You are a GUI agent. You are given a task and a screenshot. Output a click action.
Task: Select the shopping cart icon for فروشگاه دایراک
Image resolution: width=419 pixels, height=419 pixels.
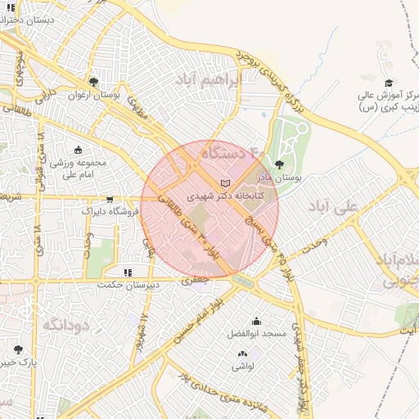[110, 199]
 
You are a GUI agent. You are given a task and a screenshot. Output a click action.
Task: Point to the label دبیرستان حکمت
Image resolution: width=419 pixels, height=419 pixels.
[119, 285]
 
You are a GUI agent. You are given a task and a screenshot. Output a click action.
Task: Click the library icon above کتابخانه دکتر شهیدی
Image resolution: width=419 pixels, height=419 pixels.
[227, 182]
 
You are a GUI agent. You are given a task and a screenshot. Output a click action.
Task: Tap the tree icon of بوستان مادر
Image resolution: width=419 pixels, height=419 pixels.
[280, 164]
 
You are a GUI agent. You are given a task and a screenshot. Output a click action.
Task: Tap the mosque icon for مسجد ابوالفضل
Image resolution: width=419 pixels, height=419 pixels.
[256, 322]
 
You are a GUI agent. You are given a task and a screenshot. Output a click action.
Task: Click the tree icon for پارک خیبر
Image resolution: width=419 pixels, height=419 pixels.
[18, 349]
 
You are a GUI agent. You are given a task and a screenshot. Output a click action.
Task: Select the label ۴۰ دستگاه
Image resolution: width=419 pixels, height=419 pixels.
[234, 152]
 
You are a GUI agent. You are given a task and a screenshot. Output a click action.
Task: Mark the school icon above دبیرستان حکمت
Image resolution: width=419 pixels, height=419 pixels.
[127, 273]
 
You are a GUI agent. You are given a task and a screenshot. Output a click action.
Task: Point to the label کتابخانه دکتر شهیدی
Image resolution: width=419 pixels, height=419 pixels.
[216, 196]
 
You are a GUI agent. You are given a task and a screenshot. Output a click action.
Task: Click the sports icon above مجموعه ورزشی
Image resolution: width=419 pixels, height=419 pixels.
[79, 150]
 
